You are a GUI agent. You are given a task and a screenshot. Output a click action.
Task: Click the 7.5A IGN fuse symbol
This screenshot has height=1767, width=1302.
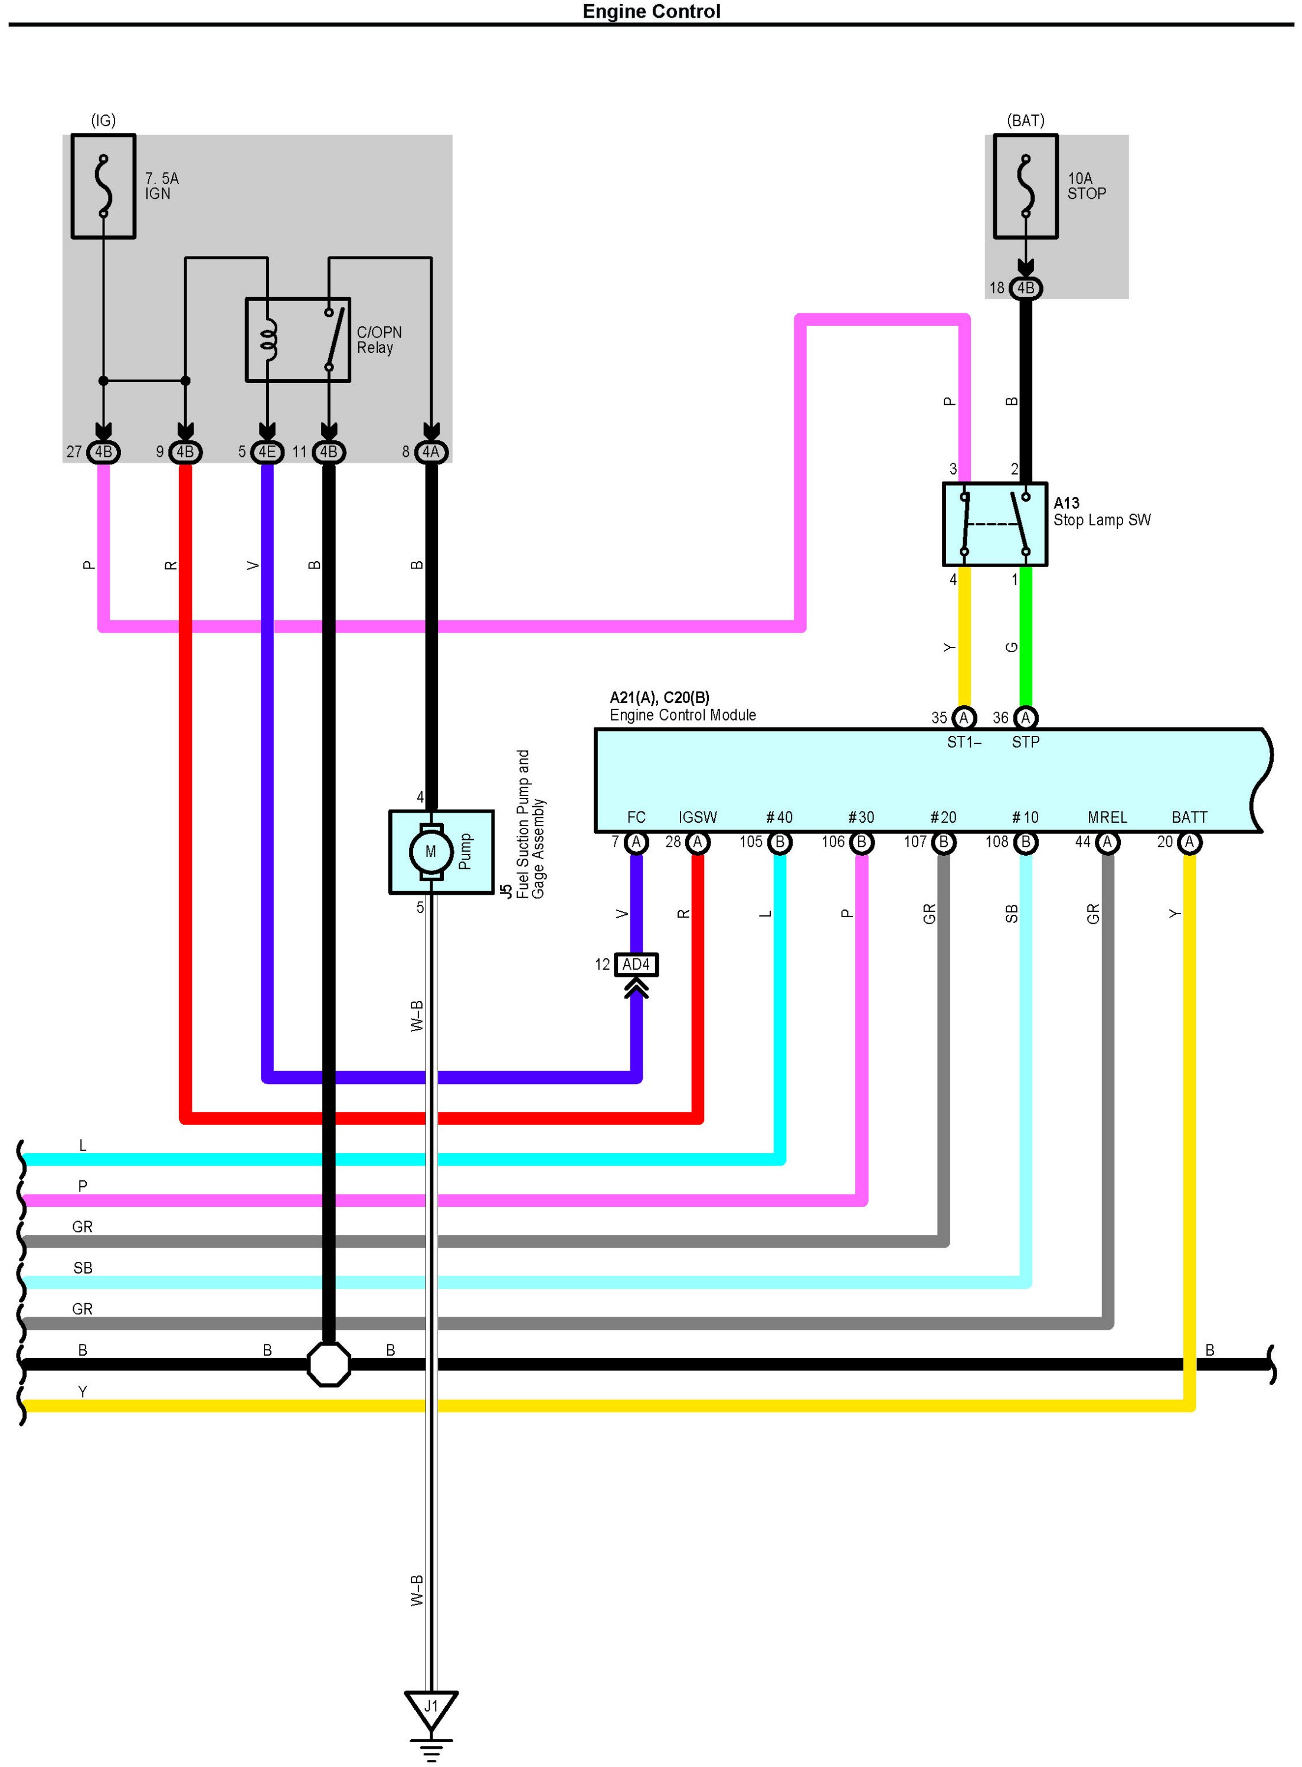pyautogui.click(x=103, y=186)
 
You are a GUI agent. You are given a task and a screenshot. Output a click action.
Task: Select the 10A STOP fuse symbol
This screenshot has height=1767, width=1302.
pyautogui.click(x=1025, y=186)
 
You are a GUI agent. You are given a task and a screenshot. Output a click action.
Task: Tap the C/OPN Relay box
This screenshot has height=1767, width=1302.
pyautogui.click(x=298, y=340)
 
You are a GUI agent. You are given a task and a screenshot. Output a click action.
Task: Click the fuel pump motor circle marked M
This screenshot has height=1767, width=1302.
pyautogui.click(x=430, y=851)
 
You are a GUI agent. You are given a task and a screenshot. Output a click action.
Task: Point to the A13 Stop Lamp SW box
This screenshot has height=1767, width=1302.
pyautogui.click(x=995, y=524)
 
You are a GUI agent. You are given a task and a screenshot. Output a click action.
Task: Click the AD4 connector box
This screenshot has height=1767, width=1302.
pyautogui.click(x=636, y=965)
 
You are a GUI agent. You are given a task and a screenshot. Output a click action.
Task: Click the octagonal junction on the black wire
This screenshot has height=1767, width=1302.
pyautogui.click(x=329, y=1364)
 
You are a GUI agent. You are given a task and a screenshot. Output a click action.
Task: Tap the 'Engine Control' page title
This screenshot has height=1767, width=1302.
pyautogui.click(x=651, y=11)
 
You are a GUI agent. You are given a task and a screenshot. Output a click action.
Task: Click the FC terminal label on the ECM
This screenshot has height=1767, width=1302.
pyautogui.click(x=636, y=817)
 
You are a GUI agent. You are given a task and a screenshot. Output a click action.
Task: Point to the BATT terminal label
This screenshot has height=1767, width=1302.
pyautogui.click(x=1189, y=817)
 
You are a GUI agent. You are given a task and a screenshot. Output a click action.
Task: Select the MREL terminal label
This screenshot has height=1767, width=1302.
pyautogui.click(x=1107, y=817)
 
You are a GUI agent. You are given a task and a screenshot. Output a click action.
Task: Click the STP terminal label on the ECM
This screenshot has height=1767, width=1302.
pyautogui.click(x=1025, y=742)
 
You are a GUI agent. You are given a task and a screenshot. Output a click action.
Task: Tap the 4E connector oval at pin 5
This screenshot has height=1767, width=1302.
pyautogui.click(x=267, y=451)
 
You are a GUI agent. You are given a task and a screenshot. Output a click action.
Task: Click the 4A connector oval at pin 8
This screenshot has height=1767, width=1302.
pyautogui.click(x=431, y=451)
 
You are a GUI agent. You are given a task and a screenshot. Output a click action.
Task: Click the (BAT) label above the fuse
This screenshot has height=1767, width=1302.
pyautogui.click(x=1025, y=120)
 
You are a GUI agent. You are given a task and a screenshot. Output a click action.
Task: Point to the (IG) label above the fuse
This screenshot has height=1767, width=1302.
pyautogui.click(x=103, y=120)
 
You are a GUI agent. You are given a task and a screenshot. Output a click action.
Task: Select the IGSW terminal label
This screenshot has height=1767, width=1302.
pyautogui.click(x=698, y=817)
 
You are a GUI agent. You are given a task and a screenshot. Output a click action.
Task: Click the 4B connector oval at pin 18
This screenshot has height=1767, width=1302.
pyautogui.click(x=1025, y=287)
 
